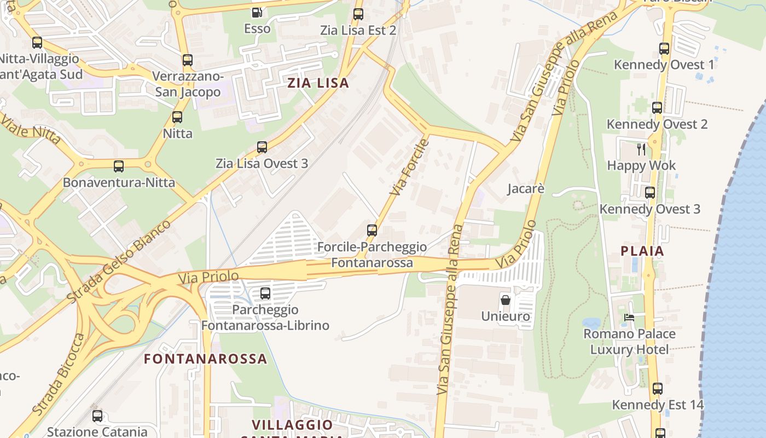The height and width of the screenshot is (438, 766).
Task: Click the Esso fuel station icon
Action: pos(257,12)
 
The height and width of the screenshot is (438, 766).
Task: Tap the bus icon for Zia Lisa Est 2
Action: pos(358,14)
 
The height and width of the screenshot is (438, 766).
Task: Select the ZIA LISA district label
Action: pos(318,83)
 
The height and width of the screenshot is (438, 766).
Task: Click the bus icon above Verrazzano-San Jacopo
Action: pos(188,60)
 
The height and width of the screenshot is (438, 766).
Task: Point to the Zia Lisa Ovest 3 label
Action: pos(262,163)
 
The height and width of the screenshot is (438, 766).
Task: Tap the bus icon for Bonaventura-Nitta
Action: pos(119,166)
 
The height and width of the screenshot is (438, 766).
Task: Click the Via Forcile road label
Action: pos(409,168)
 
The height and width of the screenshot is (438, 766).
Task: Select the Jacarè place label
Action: pos(526,189)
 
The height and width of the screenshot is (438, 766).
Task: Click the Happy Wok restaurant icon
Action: pos(641,149)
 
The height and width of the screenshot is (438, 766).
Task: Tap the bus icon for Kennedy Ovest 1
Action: pos(664,49)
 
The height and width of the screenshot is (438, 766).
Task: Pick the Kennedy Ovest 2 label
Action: pos(657,124)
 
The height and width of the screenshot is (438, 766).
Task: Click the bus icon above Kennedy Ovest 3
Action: pos(650,193)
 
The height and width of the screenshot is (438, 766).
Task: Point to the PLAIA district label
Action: pos(642,251)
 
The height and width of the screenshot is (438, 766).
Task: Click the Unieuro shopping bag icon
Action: pos(506,300)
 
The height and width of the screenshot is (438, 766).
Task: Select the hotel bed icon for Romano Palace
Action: pos(629,318)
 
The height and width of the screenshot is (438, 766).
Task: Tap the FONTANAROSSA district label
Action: pos(205,359)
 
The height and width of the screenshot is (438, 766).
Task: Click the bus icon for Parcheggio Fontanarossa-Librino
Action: pos(265,293)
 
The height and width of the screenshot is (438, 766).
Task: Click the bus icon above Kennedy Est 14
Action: pos(658,389)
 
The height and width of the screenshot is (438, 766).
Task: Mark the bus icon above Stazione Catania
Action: pos(97,416)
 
